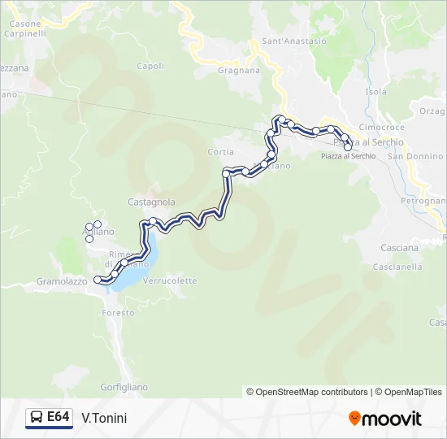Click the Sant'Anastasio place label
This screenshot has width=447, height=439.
click(294, 41)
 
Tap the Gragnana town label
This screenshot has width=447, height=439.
click(239, 70)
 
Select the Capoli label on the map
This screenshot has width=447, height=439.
click(151, 66)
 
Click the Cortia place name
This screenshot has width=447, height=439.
click(221, 152)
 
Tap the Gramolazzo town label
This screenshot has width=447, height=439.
click(62, 281)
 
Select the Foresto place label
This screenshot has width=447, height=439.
click(118, 313)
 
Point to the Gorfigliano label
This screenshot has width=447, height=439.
click(122, 386)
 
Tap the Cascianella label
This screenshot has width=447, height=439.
click(397, 266)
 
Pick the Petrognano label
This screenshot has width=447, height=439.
click(423, 200)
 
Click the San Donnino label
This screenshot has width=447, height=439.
click(415, 156)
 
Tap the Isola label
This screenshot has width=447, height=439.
click(377, 92)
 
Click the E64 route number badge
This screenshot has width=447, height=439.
click(49, 418)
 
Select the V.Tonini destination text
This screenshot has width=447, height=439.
click(104, 418)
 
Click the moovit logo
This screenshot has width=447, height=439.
click(385, 419)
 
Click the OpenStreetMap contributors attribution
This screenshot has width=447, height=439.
click(312, 392)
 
